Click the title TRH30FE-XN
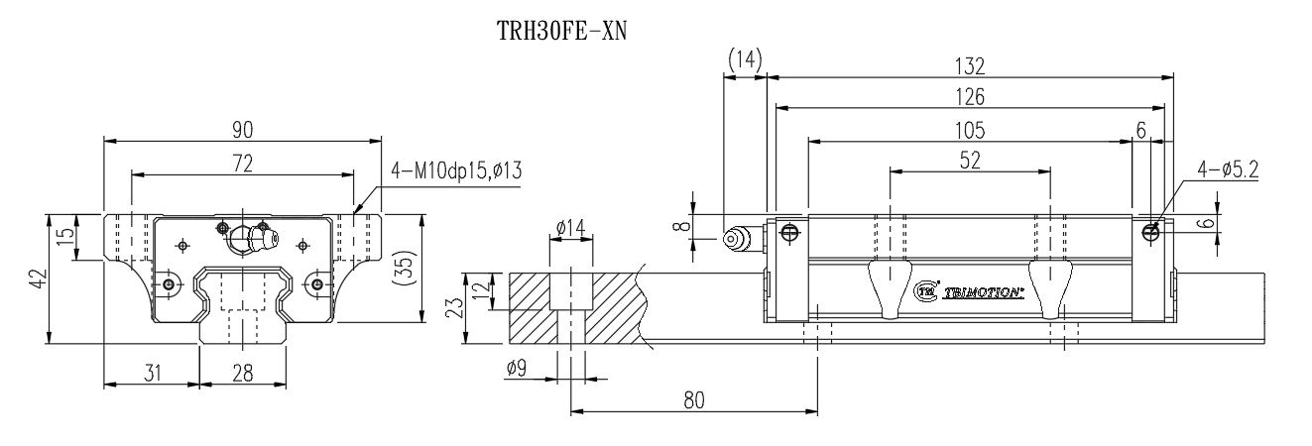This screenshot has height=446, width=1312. (562, 31)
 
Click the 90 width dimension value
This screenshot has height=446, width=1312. (243, 129)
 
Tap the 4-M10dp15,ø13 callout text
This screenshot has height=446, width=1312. (456, 170)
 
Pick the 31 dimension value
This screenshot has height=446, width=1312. (151, 373)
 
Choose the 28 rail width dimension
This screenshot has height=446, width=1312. (243, 373)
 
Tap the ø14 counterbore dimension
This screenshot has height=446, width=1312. (569, 229)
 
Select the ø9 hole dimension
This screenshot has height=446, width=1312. (517, 368)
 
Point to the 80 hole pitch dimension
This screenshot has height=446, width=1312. (693, 399)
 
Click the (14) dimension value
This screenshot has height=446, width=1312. (745, 61)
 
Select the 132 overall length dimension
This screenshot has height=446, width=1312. (969, 65)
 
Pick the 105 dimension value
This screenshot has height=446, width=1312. (969, 129)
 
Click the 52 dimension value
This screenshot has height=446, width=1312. (969, 161)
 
